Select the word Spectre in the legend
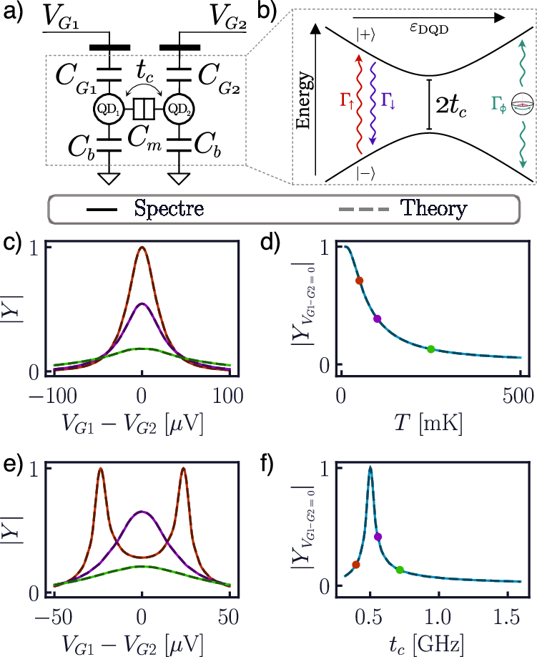click(x=169, y=210)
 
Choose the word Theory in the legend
click(x=433, y=210)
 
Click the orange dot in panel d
click(x=360, y=281)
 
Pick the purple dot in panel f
click(x=378, y=537)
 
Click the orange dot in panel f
click(x=356, y=565)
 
